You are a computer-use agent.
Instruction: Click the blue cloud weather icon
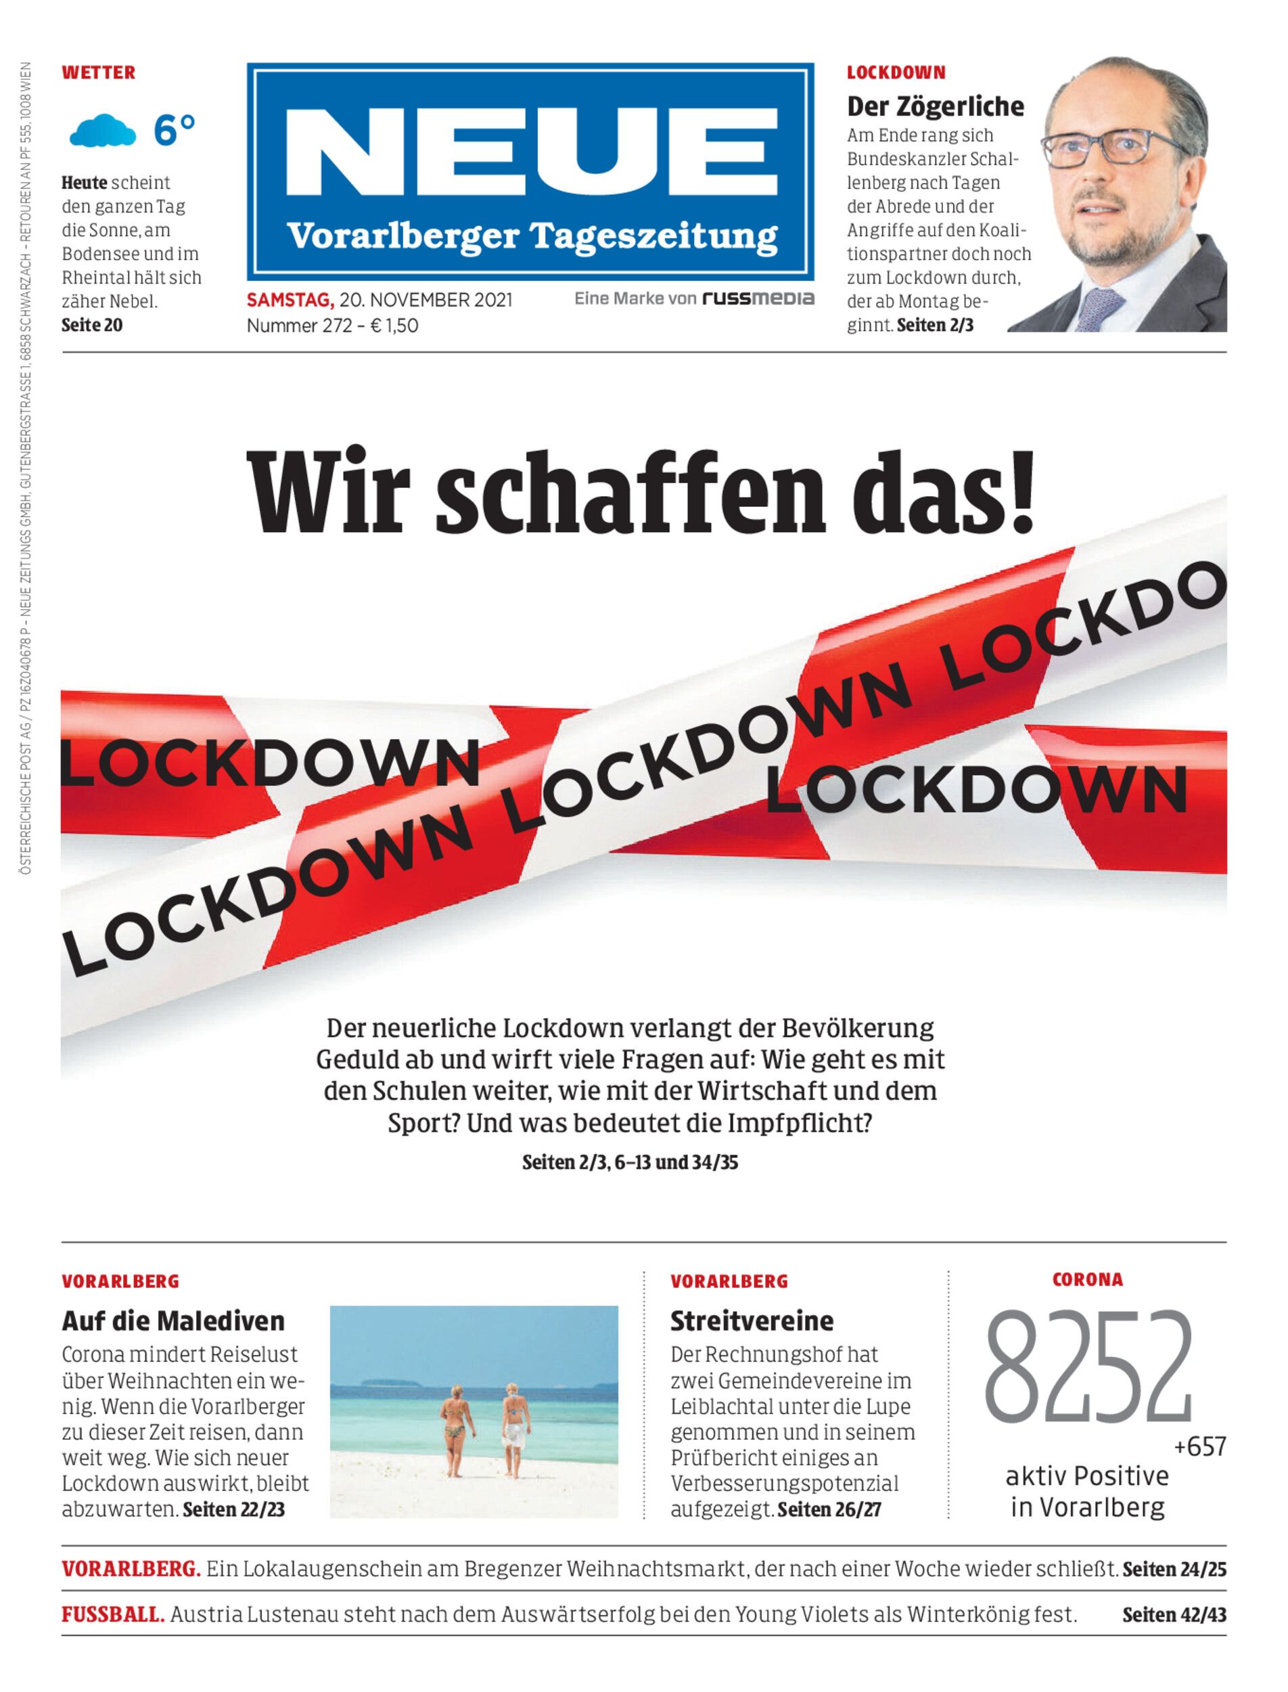click(x=103, y=131)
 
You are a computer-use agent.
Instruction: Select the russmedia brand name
click(x=758, y=298)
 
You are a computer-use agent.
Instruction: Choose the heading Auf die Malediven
click(x=173, y=1320)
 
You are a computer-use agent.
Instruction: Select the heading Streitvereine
click(x=752, y=1320)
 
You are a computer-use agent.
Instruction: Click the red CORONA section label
click(x=1087, y=1279)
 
